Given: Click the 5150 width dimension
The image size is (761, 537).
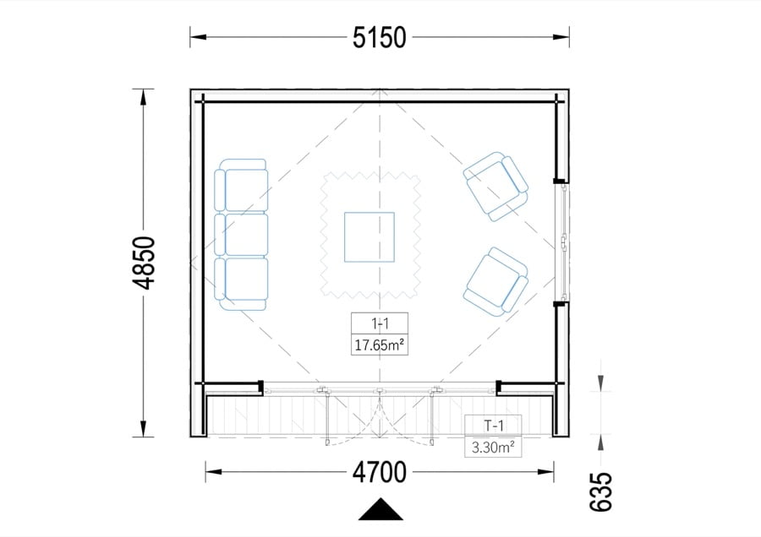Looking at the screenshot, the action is (380, 37).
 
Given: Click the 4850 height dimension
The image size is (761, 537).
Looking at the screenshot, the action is (144, 263).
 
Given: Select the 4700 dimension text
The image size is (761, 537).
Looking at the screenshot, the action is (380, 472).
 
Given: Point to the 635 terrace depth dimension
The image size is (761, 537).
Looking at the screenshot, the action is (601, 492).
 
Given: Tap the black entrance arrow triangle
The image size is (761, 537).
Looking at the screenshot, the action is (380, 509).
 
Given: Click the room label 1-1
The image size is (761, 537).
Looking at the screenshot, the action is (380, 323).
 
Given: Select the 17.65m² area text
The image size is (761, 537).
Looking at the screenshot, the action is (380, 345).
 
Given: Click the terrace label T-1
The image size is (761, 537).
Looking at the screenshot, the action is (494, 426).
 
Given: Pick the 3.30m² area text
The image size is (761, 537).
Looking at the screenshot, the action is (493, 447).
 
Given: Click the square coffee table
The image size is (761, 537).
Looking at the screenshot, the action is (370, 237).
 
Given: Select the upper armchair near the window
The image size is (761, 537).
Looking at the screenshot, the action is (495, 187).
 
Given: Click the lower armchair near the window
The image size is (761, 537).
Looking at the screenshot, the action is (495, 283).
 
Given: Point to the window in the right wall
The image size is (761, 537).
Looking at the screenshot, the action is (562, 242).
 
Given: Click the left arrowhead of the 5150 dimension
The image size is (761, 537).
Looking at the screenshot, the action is (199, 37).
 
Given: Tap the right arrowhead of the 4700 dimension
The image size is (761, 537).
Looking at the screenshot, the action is (545, 472).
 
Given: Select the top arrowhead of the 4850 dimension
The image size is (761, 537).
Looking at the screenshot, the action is (143, 97).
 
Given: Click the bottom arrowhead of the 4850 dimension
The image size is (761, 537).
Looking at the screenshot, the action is (143, 428).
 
